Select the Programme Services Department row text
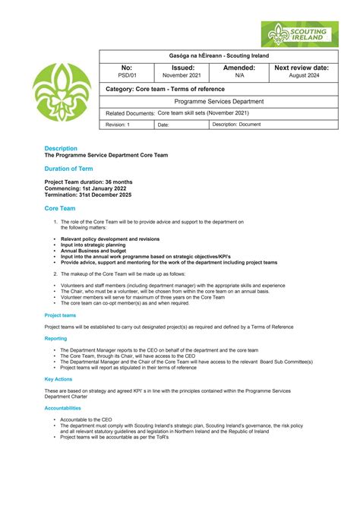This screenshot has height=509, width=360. tap(219, 101)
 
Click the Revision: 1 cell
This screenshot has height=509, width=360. tap(118, 125)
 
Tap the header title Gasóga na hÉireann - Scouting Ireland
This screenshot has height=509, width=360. tap(219, 56)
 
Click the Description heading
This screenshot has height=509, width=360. tap(61, 148)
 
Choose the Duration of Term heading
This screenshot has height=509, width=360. tap(69, 169)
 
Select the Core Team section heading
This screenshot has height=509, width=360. tap(60, 207)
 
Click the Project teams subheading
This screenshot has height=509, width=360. tap(60, 315)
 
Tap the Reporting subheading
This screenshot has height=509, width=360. tap(55, 338)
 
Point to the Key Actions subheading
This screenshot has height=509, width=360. tap(58, 378)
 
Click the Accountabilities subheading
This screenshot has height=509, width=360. tap(68, 407)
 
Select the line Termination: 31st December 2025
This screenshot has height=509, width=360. tap(88, 194)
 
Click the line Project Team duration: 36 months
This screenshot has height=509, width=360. tap(88, 182)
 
